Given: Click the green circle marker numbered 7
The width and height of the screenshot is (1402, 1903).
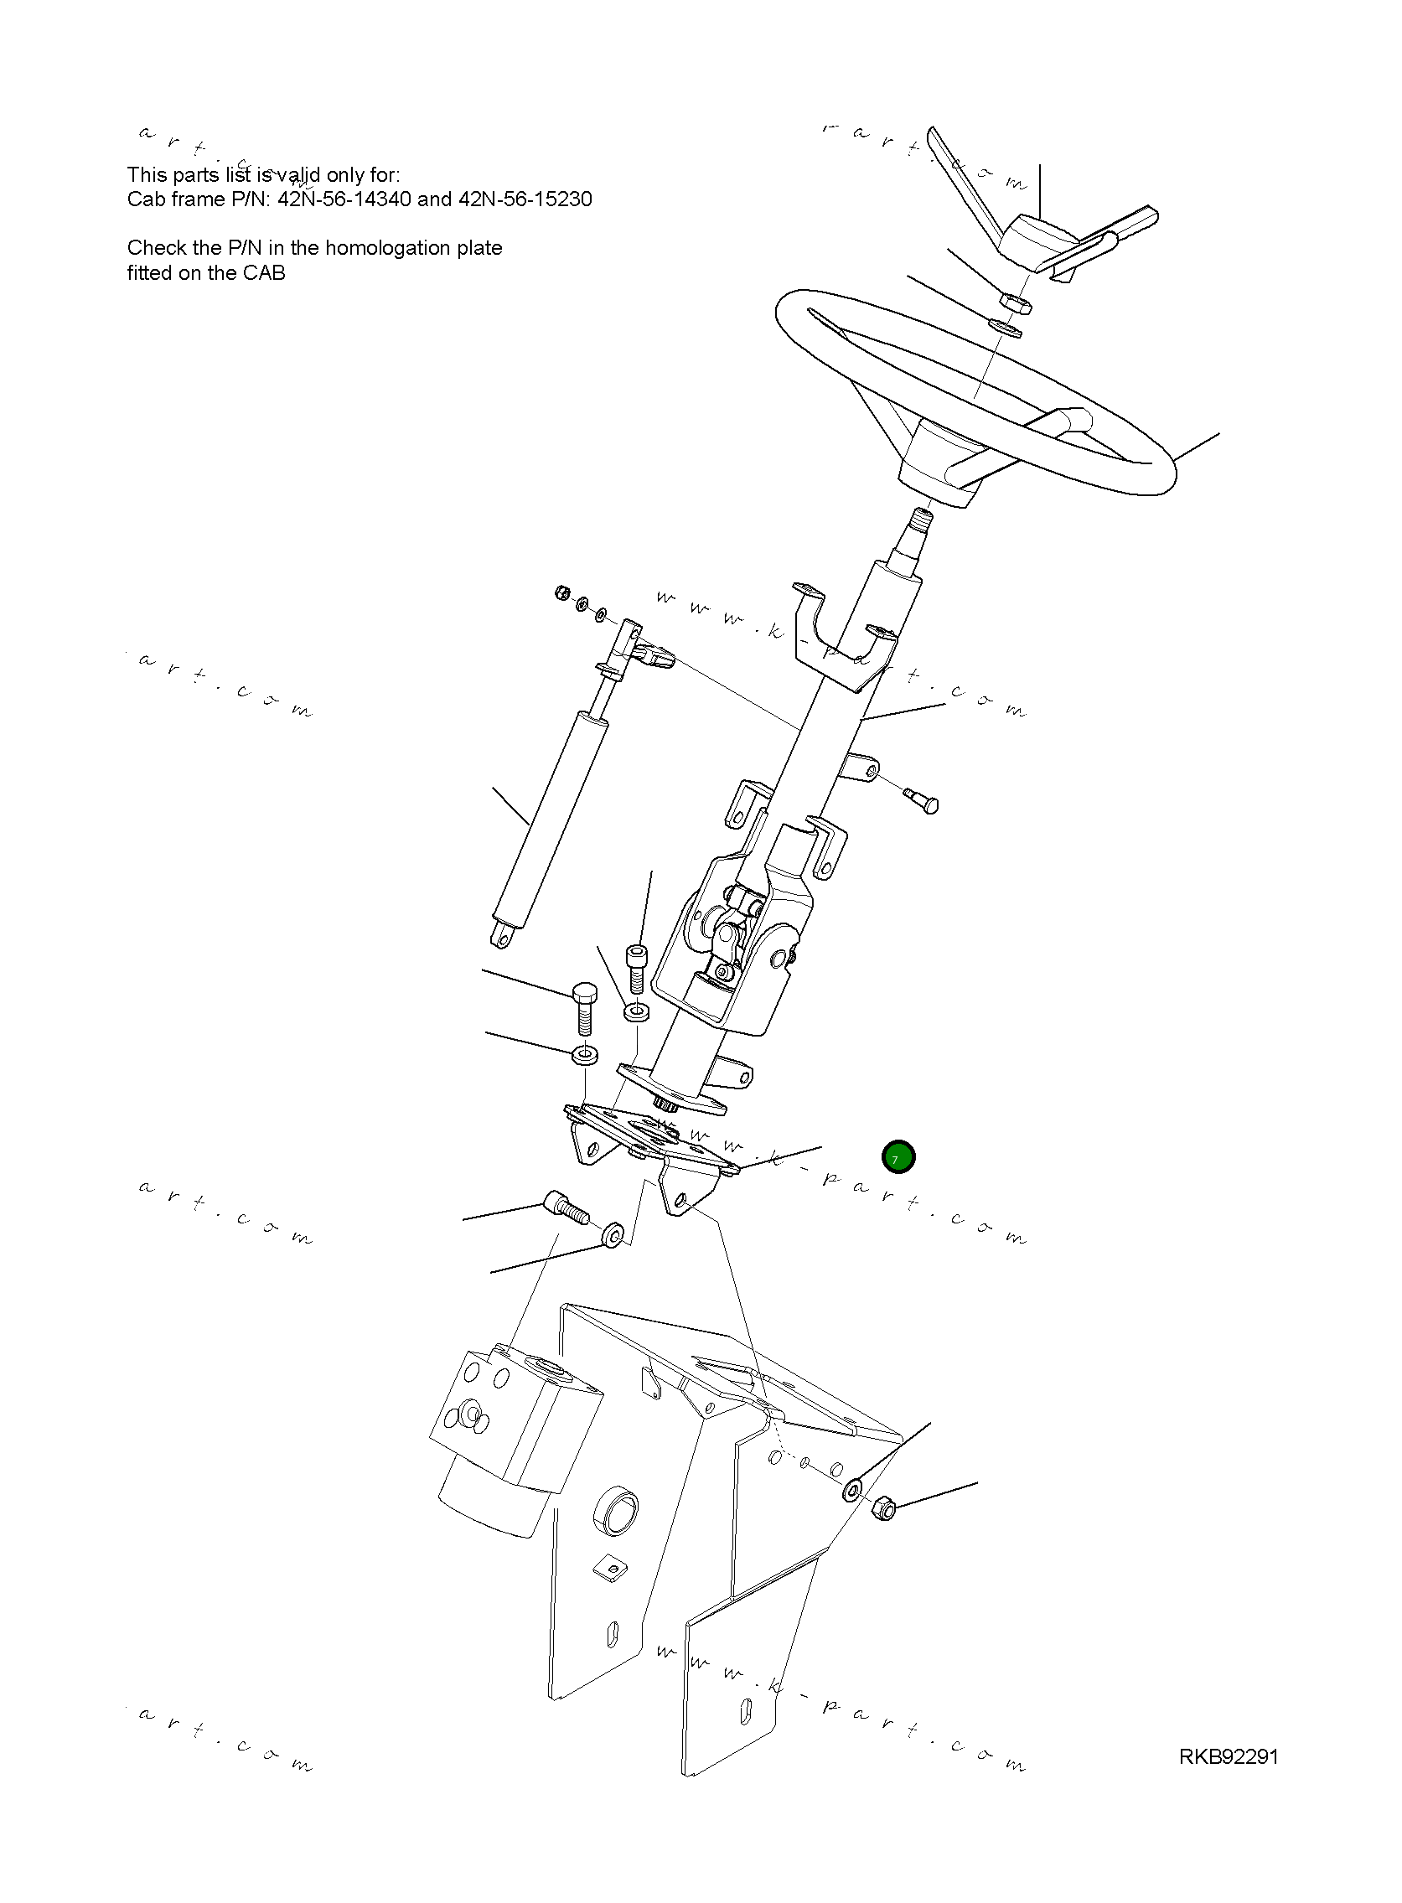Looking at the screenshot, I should (898, 1157).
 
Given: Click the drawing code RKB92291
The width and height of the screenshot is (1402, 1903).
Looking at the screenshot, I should (1228, 1756).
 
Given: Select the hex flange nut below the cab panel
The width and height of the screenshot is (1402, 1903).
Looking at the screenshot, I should (884, 1507).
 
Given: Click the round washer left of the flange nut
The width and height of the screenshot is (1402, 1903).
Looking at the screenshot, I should (853, 1490).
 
